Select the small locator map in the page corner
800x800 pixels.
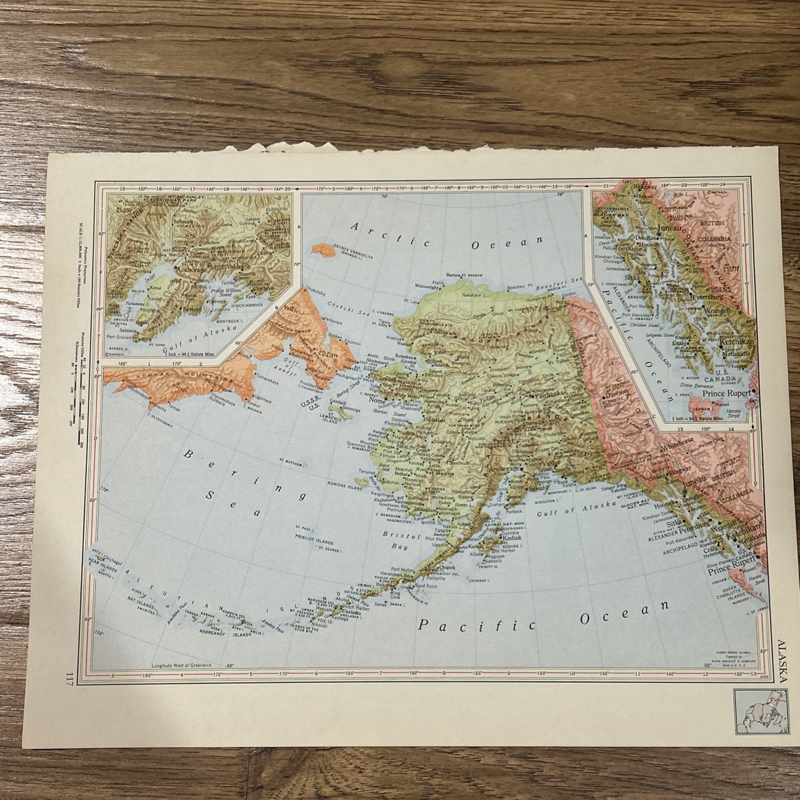(x=753, y=707)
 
